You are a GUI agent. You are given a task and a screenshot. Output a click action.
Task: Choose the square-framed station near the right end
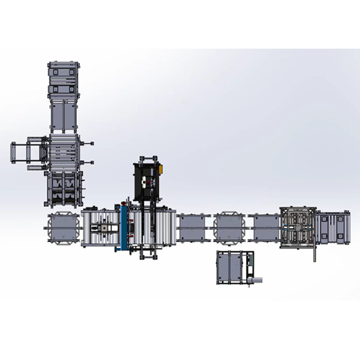tap(298, 227)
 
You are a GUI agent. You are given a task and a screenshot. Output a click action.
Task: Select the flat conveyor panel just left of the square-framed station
tap(265, 229)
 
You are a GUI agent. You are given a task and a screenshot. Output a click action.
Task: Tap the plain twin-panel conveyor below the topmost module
tap(64, 115)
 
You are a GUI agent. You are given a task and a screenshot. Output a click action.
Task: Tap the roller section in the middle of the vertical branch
tap(64, 150)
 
